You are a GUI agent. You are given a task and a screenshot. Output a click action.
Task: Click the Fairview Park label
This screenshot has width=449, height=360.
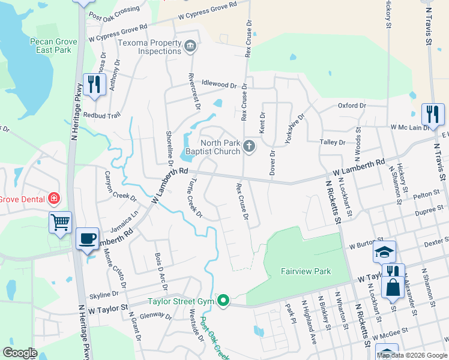pyautogui.click(x=306, y=271)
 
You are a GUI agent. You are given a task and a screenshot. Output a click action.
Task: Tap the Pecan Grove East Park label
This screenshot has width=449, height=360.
pyautogui.click(x=51, y=46)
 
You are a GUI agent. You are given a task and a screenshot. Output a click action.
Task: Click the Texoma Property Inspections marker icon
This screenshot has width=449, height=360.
pyautogui.click(x=190, y=46)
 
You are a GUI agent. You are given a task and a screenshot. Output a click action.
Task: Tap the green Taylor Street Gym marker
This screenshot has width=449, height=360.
pyautogui.click(x=223, y=300)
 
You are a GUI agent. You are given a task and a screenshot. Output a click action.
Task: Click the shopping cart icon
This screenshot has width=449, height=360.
pyautogui.click(x=60, y=222)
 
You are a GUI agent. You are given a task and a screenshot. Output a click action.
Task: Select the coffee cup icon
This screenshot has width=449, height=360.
pyautogui.click(x=87, y=238)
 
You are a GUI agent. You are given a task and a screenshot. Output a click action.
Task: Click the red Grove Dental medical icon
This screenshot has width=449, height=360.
pyautogui.click(x=53, y=197)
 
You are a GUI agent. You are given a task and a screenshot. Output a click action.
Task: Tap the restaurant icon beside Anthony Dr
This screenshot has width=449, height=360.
pyautogui.click(x=93, y=84)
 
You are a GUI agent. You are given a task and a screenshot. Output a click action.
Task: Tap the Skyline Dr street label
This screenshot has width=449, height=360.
pyautogui.click(x=103, y=295)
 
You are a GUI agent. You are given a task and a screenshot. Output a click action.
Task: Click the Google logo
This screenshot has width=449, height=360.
pyautogui.click(x=20, y=353)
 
